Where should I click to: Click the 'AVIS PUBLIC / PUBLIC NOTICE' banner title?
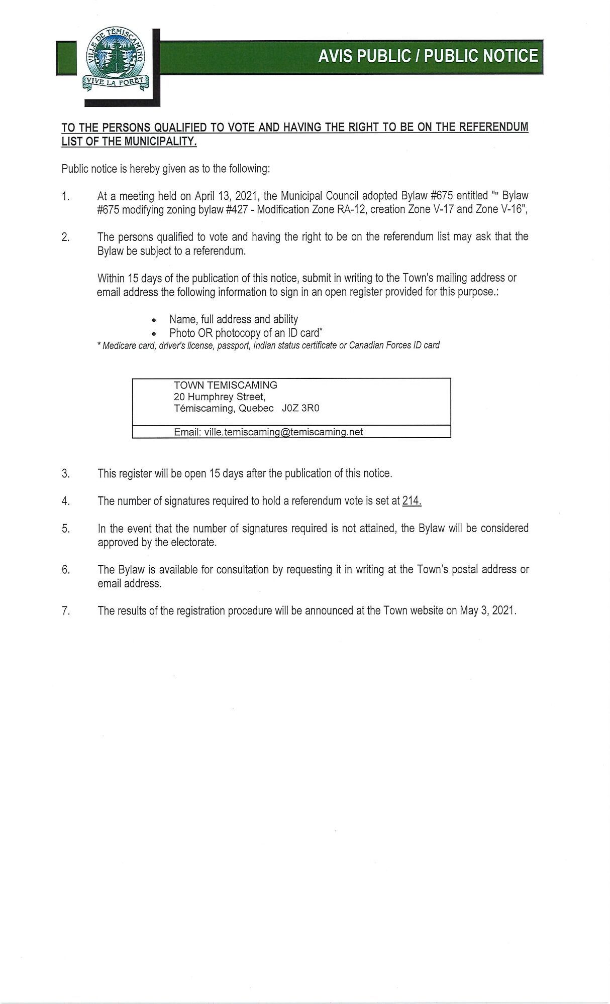(x=428, y=56)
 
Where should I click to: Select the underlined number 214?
(x=412, y=500)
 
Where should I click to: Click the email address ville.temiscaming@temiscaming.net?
(x=283, y=432)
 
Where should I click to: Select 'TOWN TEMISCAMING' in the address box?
(x=225, y=385)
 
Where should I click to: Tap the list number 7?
(x=65, y=611)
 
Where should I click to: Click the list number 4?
(x=65, y=501)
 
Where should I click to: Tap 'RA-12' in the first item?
(x=348, y=209)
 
